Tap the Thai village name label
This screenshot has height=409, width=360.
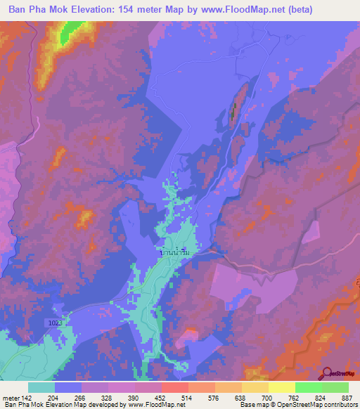click(175, 251)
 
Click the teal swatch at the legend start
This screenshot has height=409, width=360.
click(41, 387)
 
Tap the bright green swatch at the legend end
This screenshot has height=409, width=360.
click(335, 387)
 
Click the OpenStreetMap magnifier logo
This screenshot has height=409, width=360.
click(327, 372)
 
